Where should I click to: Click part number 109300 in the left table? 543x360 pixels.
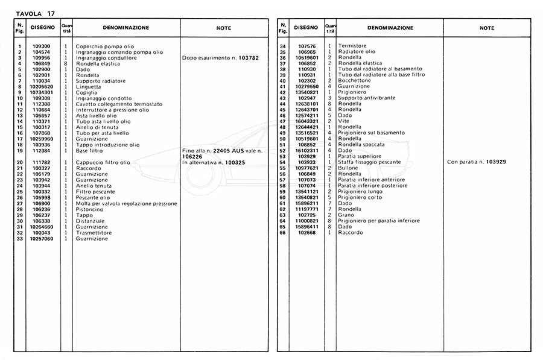point(41,46)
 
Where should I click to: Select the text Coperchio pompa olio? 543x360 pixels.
point(104,46)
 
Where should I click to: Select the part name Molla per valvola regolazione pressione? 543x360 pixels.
point(126,204)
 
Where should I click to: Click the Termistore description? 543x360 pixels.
point(352,46)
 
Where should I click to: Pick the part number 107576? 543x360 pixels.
point(308,46)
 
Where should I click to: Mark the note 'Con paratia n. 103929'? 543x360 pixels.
point(476,162)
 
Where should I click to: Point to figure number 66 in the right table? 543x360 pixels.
point(282,232)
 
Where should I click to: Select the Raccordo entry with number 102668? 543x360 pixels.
point(351,232)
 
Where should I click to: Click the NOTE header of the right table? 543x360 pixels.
point(487,28)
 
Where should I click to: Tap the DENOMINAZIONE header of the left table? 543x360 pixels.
point(126,28)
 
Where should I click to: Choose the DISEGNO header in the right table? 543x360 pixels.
point(306,28)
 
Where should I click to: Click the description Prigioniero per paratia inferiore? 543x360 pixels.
point(379,221)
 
